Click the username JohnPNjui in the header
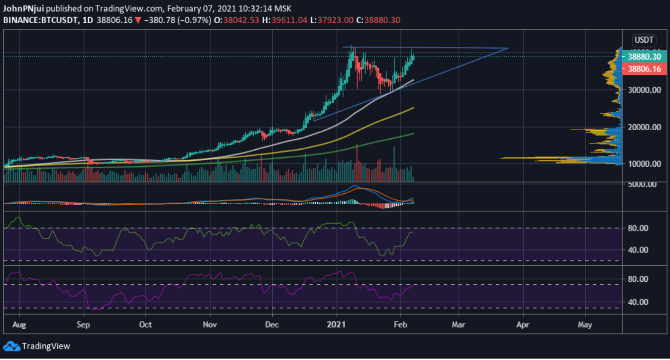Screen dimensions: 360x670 click(24, 9)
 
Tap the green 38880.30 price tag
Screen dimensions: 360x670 click(643, 56)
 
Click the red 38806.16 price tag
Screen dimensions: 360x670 click(643, 69)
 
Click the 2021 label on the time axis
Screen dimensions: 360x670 click(337, 325)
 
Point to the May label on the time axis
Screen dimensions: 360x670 click(585, 325)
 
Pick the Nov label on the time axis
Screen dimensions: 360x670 click(210, 325)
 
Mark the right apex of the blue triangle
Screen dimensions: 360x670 click(508, 48)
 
